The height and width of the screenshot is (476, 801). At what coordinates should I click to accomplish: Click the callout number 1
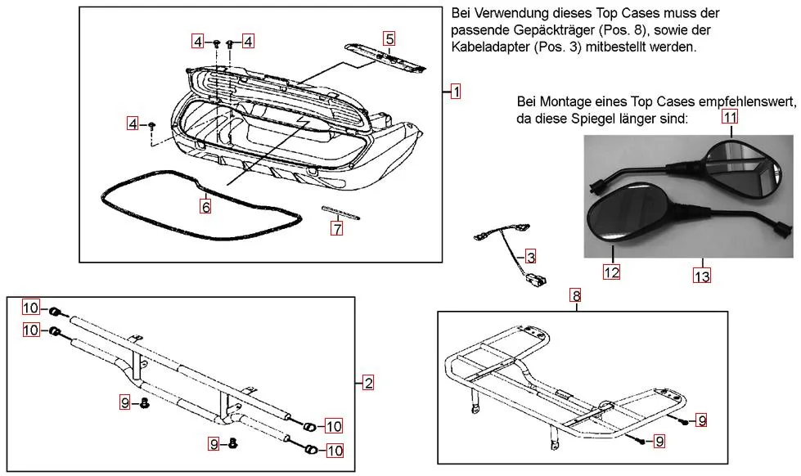[x=456, y=92]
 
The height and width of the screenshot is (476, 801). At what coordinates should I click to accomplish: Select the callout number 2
[x=368, y=383]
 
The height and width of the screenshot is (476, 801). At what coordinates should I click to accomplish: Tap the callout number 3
[x=531, y=257]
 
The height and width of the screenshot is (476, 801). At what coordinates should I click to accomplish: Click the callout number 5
[x=389, y=38]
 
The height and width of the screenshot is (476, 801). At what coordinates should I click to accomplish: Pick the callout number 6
[x=206, y=208]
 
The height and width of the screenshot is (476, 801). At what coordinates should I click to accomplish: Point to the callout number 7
[x=336, y=230]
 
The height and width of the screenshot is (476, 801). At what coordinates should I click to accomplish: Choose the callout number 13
[x=701, y=276]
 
